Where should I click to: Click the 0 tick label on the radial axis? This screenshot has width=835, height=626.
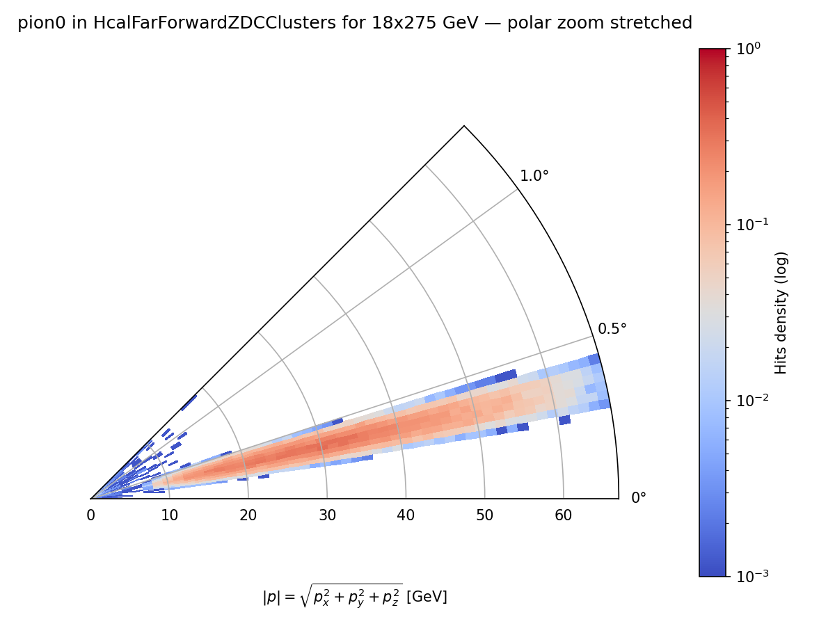(90, 515)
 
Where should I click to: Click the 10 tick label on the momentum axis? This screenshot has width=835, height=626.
(169, 515)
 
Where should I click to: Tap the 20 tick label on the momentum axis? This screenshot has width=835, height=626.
(248, 515)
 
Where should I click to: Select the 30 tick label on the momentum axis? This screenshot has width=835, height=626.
(327, 515)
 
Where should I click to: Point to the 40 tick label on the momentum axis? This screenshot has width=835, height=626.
(406, 515)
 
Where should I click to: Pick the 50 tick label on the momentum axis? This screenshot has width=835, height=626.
(485, 515)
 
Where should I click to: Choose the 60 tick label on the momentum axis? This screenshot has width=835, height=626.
(564, 515)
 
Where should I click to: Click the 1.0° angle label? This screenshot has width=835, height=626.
(534, 176)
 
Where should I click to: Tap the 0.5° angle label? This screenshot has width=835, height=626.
(612, 329)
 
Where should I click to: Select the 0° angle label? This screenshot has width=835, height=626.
(639, 498)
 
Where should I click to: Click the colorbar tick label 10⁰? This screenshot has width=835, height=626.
(748, 49)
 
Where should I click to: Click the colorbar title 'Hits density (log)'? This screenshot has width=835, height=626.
(781, 312)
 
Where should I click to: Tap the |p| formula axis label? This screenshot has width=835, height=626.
(355, 596)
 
